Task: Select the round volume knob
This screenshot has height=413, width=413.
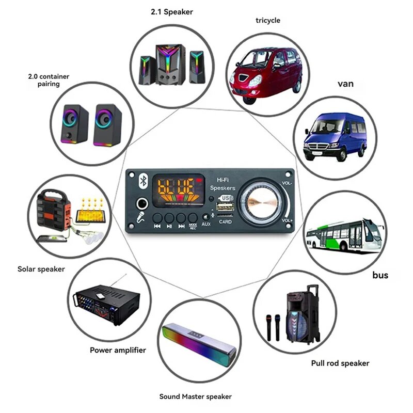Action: (x=261, y=203)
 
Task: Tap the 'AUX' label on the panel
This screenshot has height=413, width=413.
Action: (x=206, y=224)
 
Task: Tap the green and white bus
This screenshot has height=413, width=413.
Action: (x=343, y=235)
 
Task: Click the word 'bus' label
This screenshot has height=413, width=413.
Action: (x=380, y=275)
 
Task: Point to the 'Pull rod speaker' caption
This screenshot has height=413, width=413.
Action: (x=340, y=363)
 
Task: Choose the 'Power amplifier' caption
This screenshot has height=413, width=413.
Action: (x=118, y=350)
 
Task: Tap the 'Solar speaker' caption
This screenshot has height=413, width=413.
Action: (x=41, y=269)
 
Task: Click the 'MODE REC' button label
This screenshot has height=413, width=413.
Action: (x=193, y=226)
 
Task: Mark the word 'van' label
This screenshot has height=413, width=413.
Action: (x=345, y=84)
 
